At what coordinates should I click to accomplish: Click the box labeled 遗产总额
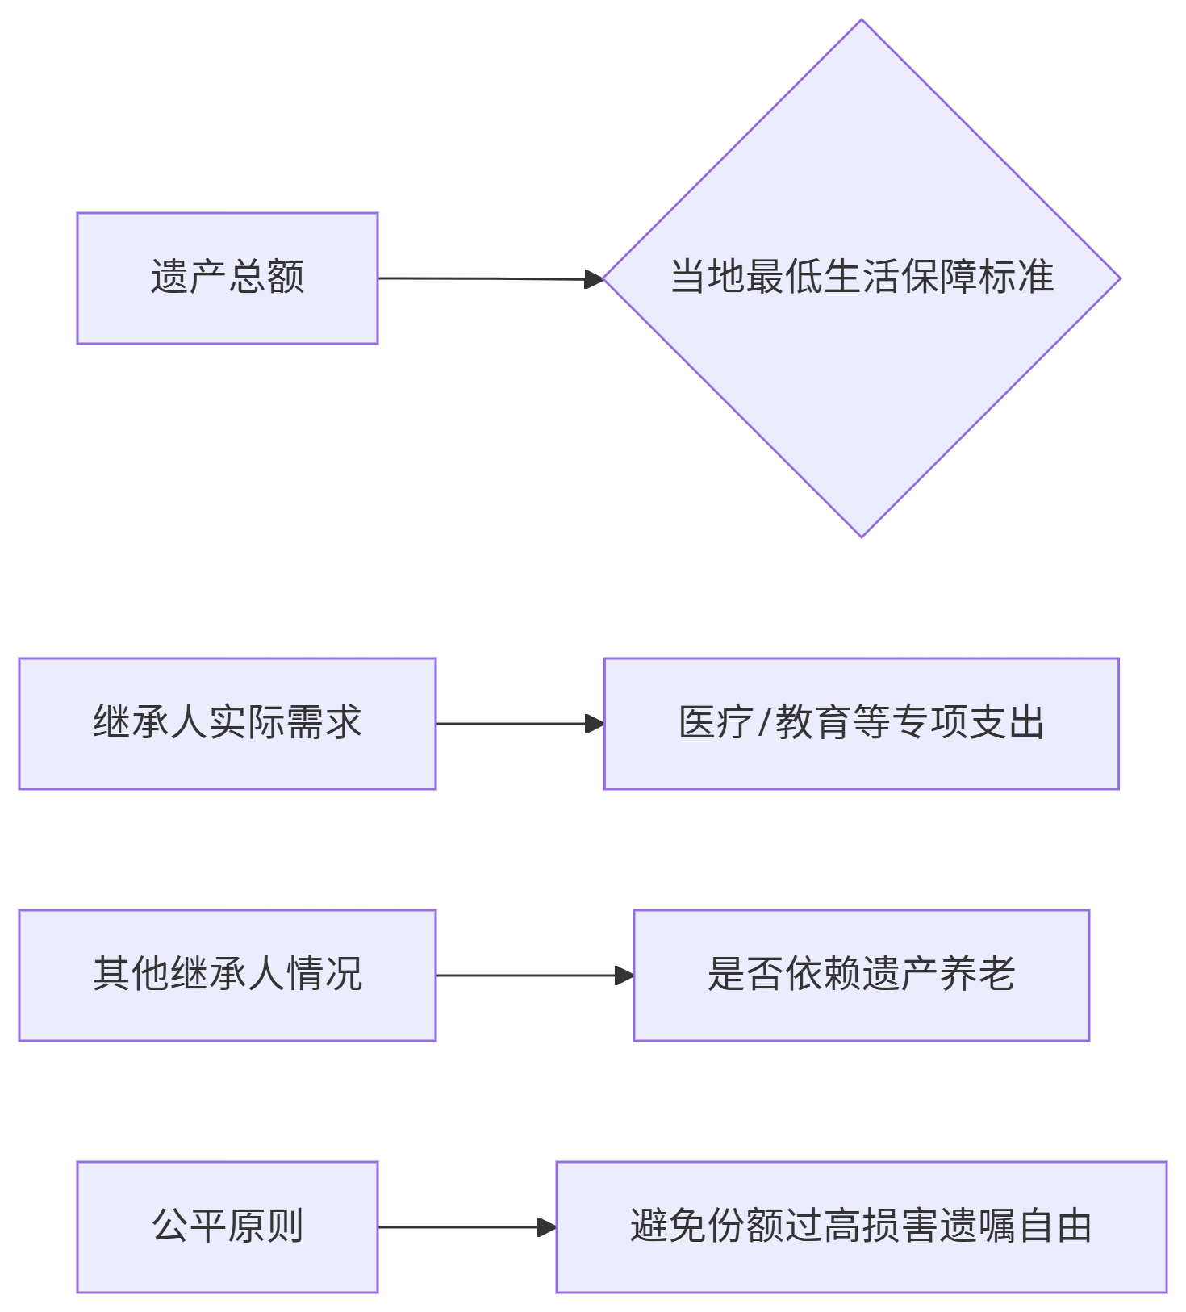[x=227, y=278]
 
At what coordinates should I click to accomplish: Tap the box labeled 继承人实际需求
[x=227, y=724]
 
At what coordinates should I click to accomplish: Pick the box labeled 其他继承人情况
[x=227, y=976]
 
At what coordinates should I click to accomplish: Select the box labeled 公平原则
[x=227, y=1227]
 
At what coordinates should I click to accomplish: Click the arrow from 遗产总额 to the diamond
[x=484, y=279]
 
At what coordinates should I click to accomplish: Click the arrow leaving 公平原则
[x=460, y=1227]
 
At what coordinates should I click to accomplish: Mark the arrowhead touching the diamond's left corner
[x=595, y=279]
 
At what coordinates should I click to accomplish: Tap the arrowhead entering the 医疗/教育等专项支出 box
[x=595, y=724]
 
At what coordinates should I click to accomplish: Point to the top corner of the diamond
[x=861, y=22]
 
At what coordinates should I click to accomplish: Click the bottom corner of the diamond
[x=861, y=535]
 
